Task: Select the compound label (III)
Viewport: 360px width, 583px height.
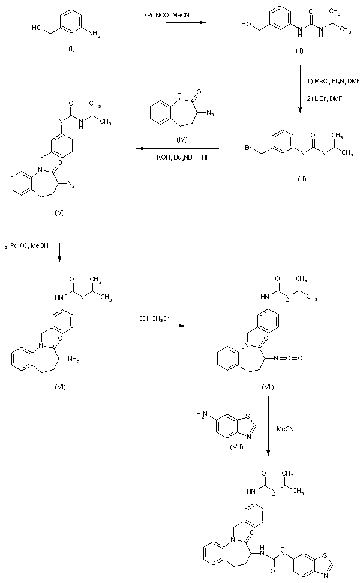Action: click(298, 179)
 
